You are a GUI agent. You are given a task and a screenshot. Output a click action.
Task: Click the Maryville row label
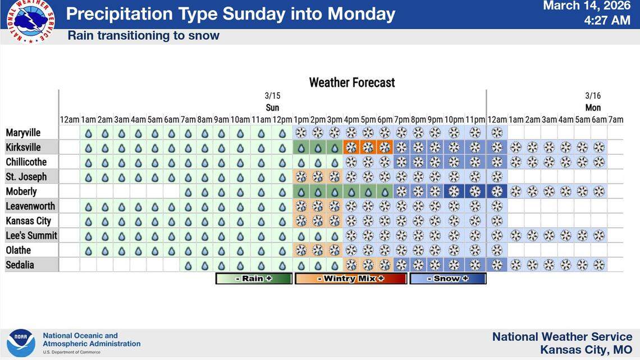click(x=23, y=133)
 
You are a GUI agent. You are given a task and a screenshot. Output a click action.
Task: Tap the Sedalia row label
click(x=20, y=265)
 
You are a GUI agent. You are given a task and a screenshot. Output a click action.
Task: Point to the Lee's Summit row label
click(x=31, y=235)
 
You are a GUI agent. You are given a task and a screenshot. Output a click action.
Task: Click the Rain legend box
click(x=254, y=279)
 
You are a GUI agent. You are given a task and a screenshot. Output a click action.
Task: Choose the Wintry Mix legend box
click(x=351, y=279)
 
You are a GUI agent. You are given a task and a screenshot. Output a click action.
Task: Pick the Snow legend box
click(x=448, y=279)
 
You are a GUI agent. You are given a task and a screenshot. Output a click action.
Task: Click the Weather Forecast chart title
click(x=352, y=83)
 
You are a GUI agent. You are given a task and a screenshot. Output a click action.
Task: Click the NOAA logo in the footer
click(x=21, y=343)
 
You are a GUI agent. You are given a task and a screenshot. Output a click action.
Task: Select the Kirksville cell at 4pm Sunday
click(x=351, y=148)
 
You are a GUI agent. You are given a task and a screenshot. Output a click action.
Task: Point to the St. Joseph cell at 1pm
click(x=301, y=177)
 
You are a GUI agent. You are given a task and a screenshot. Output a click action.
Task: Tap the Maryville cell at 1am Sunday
click(x=88, y=133)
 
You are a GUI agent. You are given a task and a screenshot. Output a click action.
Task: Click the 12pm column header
click(x=282, y=119)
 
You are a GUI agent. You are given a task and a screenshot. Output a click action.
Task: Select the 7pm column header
click(x=401, y=119)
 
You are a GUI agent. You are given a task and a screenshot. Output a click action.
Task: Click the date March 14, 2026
click(x=587, y=6)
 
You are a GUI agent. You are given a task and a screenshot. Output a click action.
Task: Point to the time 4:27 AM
click(x=607, y=21)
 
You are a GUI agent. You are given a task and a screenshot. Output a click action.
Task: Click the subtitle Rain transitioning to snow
click(x=143, y=36)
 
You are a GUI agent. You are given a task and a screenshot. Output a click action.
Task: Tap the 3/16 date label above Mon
click(x=593, y=96)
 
